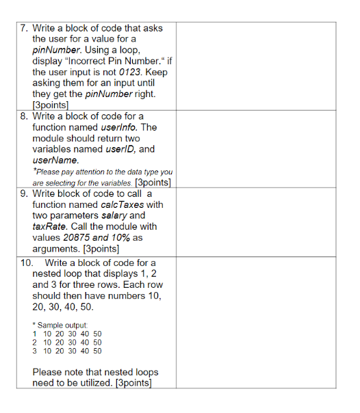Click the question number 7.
click(23, 28)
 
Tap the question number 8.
click(23, 116)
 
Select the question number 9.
click(23, 194)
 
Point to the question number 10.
click(26, 263)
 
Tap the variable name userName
click(50, 159)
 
